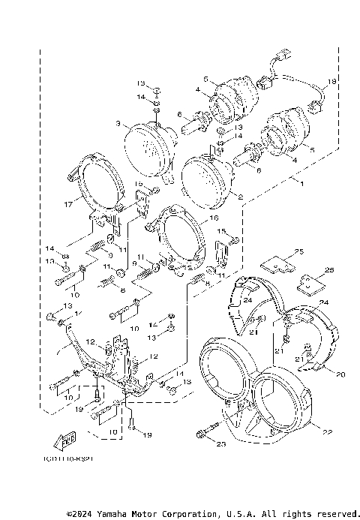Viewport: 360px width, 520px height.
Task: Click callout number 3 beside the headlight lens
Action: tap(118, 123)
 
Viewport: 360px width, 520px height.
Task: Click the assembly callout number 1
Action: tap(301, 183)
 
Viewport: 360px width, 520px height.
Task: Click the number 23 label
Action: tap(199, 444)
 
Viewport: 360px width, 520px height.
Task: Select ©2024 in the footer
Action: tap(80, 514)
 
